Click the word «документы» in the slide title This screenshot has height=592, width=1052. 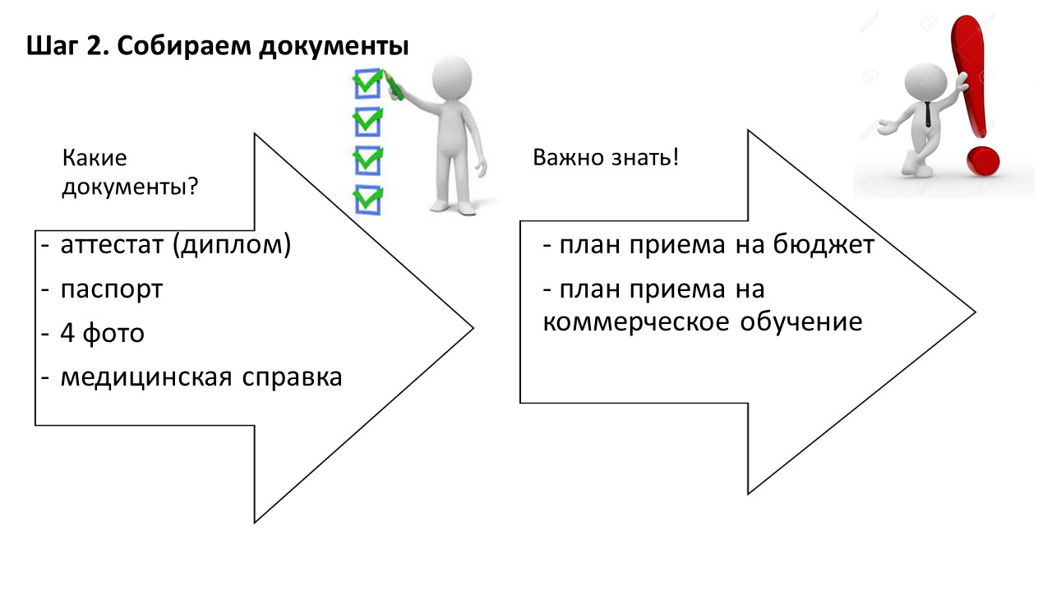point(334,47)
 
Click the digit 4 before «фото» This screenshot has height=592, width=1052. point(67,333)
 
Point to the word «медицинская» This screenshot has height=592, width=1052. point(146,377)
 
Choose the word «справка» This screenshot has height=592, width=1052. point(292,377)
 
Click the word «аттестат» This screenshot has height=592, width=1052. point(112,245)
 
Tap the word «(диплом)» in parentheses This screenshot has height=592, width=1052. point(232,245)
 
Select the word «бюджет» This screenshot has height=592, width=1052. point(824,244)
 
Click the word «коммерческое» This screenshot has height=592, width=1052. point(636,322)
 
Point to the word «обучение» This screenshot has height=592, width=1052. point(801,321)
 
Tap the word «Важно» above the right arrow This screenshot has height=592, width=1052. point(567,157)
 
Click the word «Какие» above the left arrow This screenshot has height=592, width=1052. point(95,158)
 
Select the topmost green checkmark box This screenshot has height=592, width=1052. point(367,84)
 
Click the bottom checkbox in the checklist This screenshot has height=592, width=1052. point(367,200)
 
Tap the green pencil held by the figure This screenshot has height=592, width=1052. point(394,85)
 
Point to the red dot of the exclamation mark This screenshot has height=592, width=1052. point(983,160)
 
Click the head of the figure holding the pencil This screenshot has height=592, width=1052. point(452,78)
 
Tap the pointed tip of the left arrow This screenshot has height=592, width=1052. point(473,328)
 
